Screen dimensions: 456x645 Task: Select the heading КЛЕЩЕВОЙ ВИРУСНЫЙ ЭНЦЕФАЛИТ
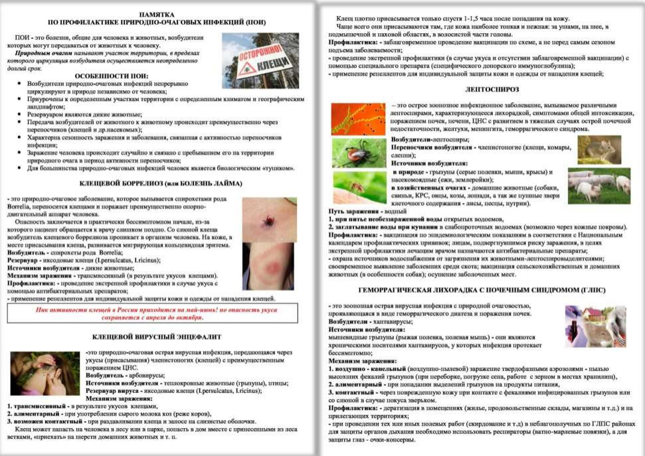157,337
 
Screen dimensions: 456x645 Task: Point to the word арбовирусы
147,375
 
